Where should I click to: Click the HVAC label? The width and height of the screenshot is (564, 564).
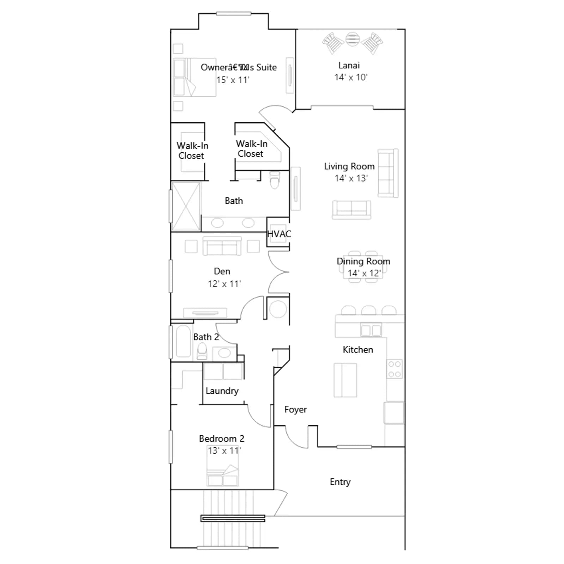point(279,234)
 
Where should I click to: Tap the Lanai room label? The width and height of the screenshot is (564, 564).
point(349,65)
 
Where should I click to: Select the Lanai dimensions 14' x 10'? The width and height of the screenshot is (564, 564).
point(351,77)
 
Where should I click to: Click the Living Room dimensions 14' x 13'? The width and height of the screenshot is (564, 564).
point(351,178)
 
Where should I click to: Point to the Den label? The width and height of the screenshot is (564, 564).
point(222,271)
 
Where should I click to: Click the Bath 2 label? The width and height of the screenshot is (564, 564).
point(206,337)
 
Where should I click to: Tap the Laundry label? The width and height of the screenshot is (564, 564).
point(222,391)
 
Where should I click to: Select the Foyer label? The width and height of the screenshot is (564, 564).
point(295,410)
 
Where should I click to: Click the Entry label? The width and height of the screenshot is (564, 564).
point(340,482)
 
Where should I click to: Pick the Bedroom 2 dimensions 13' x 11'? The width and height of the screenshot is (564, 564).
point(224,450)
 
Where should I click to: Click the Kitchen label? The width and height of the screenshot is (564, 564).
point(358,350)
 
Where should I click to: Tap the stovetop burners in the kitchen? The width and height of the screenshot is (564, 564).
point(394,369)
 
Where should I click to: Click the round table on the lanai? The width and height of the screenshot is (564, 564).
point(352,39)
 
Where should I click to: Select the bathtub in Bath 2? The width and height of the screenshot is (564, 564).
point(183,341)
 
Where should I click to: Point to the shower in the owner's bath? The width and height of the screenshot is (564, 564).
point(186,206)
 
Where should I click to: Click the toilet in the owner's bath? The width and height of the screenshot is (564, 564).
point(275,180)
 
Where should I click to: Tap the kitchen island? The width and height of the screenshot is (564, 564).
point(345,380)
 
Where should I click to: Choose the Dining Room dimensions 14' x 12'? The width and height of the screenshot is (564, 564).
point(364,273)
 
